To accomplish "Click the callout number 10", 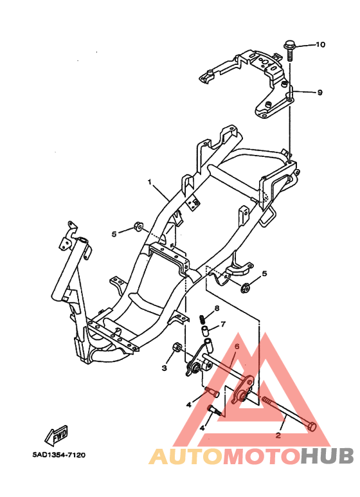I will (320, 44).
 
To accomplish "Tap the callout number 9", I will (319, 93).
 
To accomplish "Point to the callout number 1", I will (150, 182).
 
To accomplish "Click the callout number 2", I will (278, 435).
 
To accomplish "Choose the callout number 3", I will (164, 368).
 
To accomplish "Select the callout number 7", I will (223, 324).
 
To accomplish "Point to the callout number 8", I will (217, 309).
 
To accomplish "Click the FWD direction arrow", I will (57, 435).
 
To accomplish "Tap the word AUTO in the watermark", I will (186, 456).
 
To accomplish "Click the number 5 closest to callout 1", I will (114, 234).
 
